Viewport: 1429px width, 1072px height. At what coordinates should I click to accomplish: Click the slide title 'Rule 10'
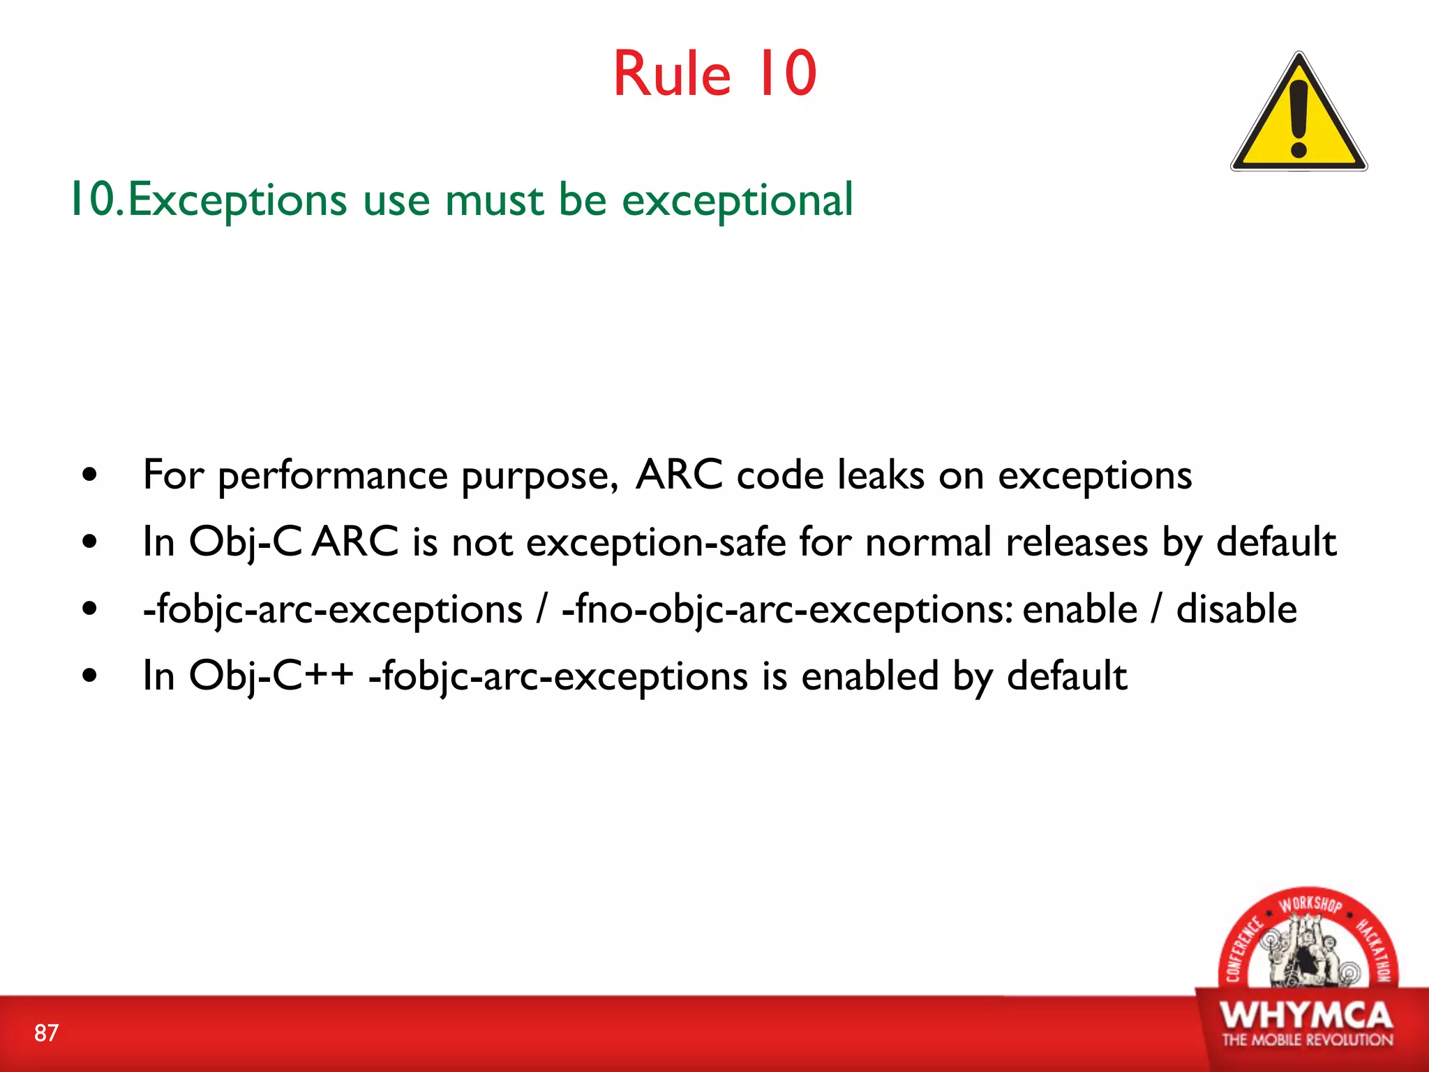click(x=714, y=74)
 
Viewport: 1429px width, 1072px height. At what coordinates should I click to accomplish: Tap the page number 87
click(x=46, y=1033)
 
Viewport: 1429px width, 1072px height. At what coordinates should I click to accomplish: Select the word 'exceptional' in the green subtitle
click(x=737, y=201)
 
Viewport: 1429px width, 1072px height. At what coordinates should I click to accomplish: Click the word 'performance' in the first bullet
click(x=333, y=477)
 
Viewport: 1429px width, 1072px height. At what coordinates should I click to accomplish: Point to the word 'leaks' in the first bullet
click(x=881, y=475)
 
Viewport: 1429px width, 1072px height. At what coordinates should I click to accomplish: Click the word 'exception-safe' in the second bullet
click(x=656, y=543)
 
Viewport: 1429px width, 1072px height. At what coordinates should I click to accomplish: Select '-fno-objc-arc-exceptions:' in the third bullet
click(x=787, y=610)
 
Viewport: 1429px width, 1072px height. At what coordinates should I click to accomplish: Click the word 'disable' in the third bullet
click(x=1236, y=609)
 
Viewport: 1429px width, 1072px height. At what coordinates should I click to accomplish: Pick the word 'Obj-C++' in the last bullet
click(x=271, y=676)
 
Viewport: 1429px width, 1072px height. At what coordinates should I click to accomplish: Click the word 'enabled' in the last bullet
click(x=870, y=676)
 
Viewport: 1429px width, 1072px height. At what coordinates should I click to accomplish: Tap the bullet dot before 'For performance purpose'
click(x=89, y=476)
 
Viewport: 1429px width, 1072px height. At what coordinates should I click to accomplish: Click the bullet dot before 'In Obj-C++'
click(x=89, y=676)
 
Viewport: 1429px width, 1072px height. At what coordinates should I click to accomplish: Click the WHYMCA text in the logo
click(x=1306, y=1015)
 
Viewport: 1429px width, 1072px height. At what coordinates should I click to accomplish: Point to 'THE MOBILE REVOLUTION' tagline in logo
click(x=1307, y=1040)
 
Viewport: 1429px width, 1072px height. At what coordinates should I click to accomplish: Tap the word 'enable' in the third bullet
click(x=1080, y=609)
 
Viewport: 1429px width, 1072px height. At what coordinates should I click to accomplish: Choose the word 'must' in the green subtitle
click(x=494, y=201)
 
